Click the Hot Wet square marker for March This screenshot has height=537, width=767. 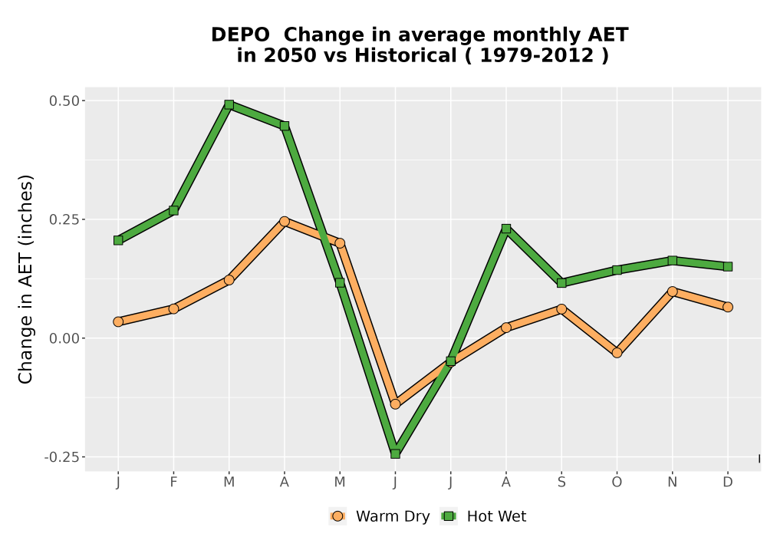(x=229, y=104)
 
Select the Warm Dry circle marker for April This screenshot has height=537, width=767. (x=285, y=221)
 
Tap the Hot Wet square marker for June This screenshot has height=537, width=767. (x=395, y=454)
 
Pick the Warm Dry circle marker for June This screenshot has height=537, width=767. (x=395, y=404)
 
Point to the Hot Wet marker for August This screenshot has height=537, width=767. (x=506, y=229)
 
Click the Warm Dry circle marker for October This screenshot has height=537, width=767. (x=617, y=353)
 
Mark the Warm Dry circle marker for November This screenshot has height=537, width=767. (x=673, y=292)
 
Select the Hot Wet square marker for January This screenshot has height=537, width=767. (x=118, y=240)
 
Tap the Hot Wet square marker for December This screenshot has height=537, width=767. (x=728, y=266)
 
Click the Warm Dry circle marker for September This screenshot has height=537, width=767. (x=561, y=309)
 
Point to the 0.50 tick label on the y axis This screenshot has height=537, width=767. (x=64, y=100)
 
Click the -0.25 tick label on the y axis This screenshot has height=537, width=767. (x=61, y=457)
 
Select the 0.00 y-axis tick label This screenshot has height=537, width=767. (x=64, y=338)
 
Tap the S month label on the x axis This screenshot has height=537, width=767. (x=561, y=483)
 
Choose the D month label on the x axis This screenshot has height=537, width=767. (x=728, y=483)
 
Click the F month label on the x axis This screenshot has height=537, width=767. (x=173, y=483)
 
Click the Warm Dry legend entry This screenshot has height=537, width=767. (x=380, y=516)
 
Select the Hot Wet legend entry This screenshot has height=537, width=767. (x=483, y=516)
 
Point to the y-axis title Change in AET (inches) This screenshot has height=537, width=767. (x=25, y=279)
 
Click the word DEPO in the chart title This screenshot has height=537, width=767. (x=240, y=35)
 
